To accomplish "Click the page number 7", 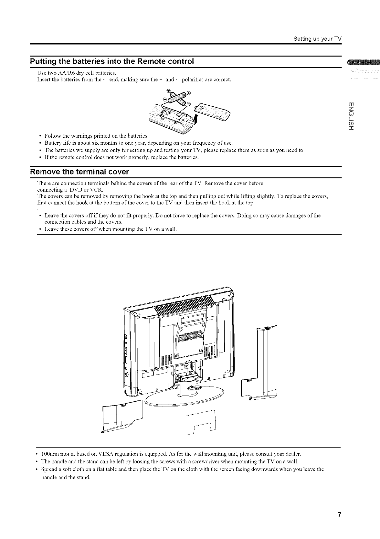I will [339, 515].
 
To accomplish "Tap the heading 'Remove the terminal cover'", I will [79, 171].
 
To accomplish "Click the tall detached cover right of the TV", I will [263, 362].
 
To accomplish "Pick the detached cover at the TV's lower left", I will [121, 417].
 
